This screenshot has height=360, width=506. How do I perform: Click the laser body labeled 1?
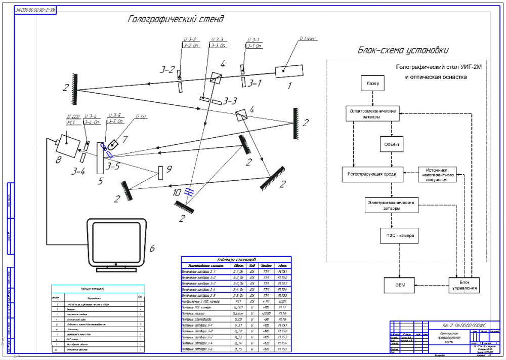click(x=289, y=71)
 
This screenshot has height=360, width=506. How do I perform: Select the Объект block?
click(x=392, y=144)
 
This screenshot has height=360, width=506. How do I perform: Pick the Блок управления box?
click(x=465, y=285)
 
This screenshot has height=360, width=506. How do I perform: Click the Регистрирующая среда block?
click(x=372, y=174)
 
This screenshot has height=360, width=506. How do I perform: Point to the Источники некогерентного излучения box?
click(x=438, y=174)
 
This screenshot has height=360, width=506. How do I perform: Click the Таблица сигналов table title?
click(x=236, y=259)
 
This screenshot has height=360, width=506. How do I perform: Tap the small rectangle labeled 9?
click(x=160, y=173)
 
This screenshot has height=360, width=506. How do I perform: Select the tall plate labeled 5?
click(x=100, y=157)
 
